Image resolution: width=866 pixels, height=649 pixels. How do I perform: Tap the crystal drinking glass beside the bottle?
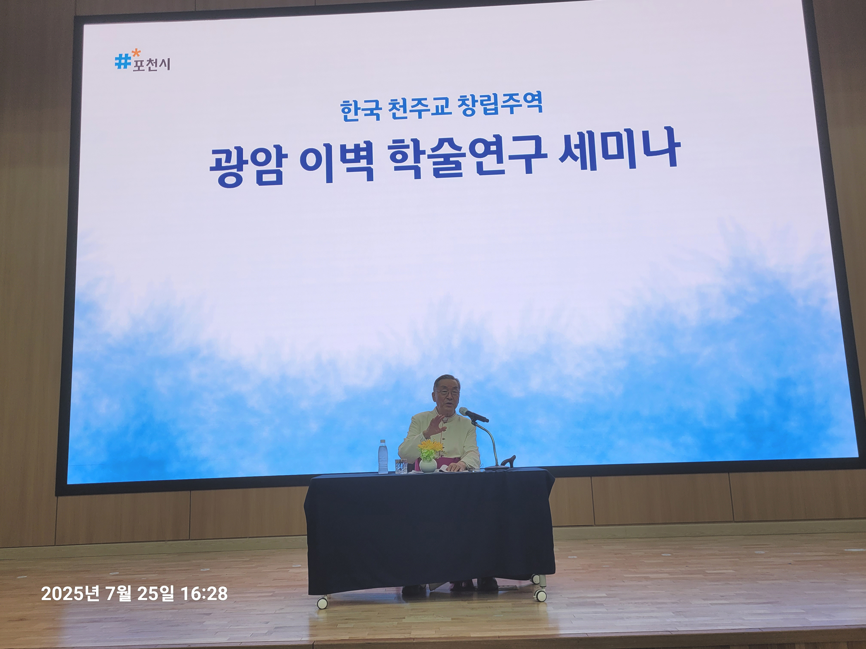pyautogui.click(x=401, y=466)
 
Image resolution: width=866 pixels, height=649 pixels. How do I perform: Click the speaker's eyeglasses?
pyautogui.click(x=447, y=392)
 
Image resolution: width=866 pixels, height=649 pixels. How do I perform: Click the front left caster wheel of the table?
pyautogui.click(x=322, y=603)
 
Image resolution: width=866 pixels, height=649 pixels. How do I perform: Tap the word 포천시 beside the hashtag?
pyautogui.click(x=151, y=65)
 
